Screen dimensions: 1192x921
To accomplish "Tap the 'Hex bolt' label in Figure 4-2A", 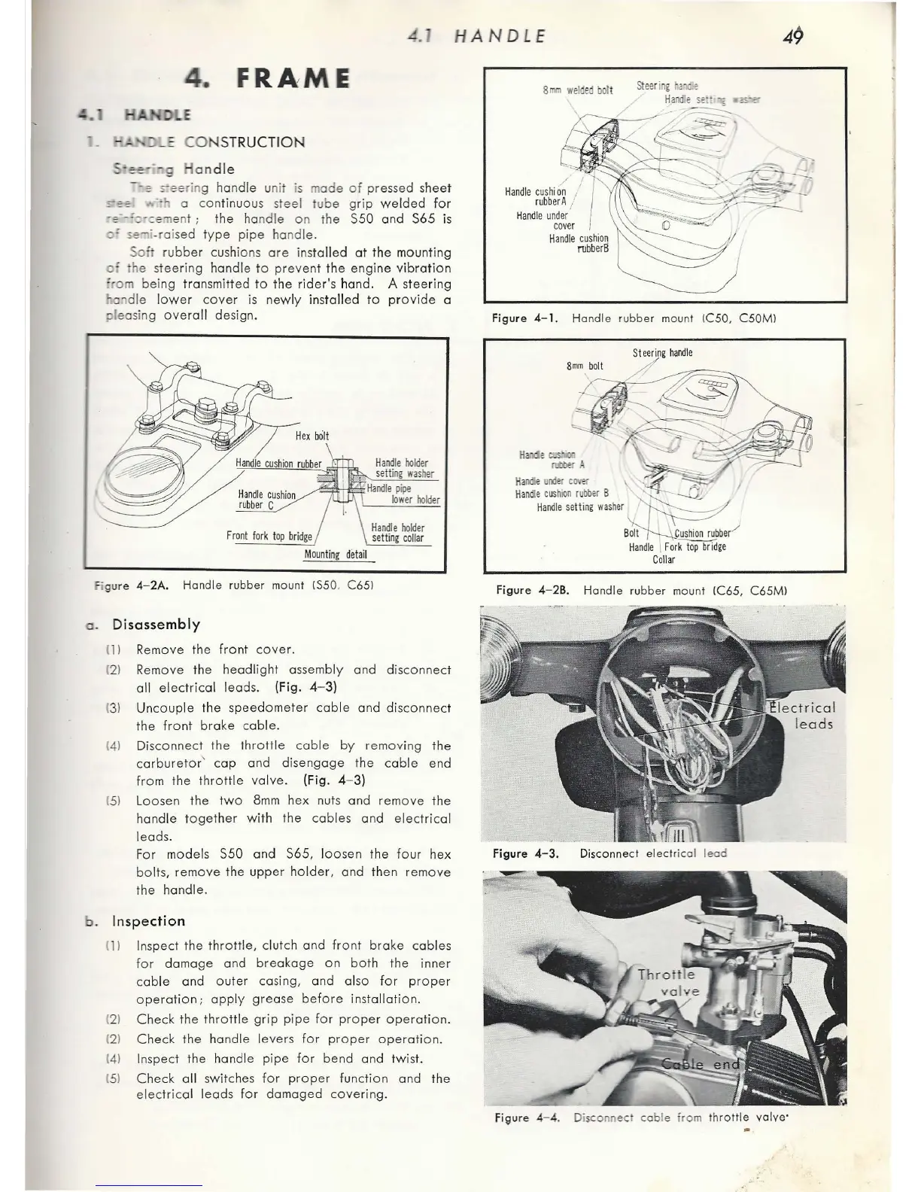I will tap(312, 436).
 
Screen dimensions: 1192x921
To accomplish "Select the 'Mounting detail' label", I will tap(336, 555).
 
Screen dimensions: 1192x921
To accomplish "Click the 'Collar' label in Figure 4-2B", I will tap(664, 559).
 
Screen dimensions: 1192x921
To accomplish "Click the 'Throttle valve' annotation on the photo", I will tap(668, 982).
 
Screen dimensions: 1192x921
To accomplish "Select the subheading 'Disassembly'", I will tap(156, 624).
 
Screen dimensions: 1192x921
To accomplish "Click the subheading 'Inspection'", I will tap(147, 921).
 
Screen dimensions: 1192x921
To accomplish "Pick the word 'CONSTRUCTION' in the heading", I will tap(245, 142).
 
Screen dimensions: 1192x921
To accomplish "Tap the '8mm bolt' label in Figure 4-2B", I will tap(585, 366).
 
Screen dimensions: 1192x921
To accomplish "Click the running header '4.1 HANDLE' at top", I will tap(476, 35).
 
